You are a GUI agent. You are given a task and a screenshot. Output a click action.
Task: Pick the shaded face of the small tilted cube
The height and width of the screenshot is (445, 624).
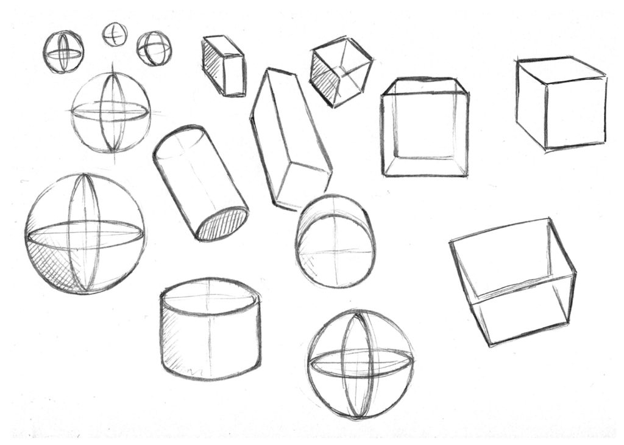(x=324, y=79)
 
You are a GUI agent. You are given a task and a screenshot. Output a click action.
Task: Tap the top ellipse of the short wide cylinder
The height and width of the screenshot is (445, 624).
(x=210, y=297)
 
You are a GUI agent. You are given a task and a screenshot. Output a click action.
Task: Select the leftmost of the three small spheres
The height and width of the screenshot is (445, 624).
(x=63, y=52)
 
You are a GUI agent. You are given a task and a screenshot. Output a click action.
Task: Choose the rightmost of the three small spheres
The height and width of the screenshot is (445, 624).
(x=154, y=49)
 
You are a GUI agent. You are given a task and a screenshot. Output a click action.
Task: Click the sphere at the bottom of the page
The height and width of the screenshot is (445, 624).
(x=361, y=364)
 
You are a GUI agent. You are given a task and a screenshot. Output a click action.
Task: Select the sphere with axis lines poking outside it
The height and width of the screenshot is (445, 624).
(x=110, y=112)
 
